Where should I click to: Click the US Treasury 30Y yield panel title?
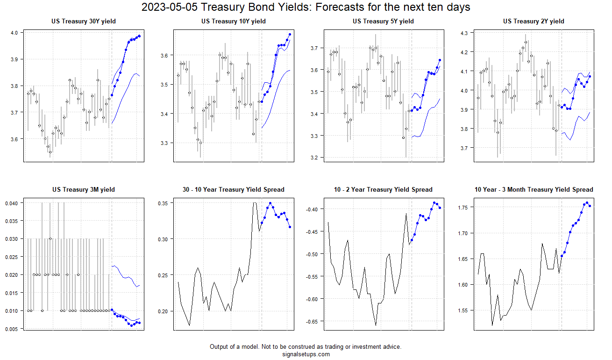[x=84, y=21]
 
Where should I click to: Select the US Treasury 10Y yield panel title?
[x=234, y=21]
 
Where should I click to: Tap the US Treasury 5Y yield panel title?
[x=383, y=21]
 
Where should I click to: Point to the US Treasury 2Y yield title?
[x=534, y=21]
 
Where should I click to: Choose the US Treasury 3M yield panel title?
[x=84, y=189]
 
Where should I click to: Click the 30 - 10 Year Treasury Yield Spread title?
[x=234, y=189]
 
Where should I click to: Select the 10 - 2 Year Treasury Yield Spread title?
[x=383, y=189]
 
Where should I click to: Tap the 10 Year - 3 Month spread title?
[x=534, y=189]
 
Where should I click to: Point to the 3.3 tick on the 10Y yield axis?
[x=164, y=143]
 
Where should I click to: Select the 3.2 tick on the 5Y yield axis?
[x=314, y=158]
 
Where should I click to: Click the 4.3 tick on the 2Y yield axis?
[x=464, y=33]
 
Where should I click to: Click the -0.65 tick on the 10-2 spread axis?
[x=312, y=321]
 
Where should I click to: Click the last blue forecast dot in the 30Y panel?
[x=139, y=36]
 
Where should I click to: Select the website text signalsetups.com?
[x=306, y=354]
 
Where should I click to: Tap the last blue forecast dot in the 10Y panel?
[x=290, y=34]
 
